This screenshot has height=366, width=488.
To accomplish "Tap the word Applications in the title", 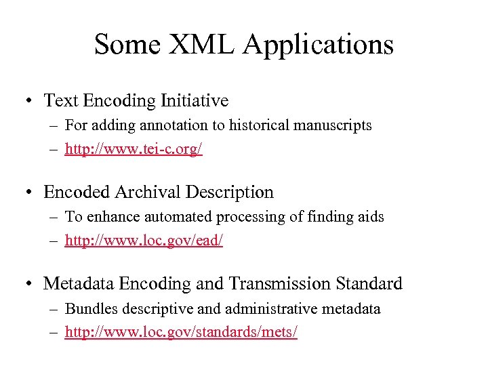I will [x=319, y=45].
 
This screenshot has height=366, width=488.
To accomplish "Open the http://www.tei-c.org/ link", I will [x=134, y=149].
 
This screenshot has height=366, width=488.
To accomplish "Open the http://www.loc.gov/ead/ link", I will [x=144, y=241].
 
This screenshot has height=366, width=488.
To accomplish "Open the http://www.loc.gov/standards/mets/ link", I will [x=181, y=332].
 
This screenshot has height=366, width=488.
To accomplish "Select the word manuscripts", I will [x=334, y=125].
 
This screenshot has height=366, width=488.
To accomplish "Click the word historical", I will [x=260, y=125].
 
